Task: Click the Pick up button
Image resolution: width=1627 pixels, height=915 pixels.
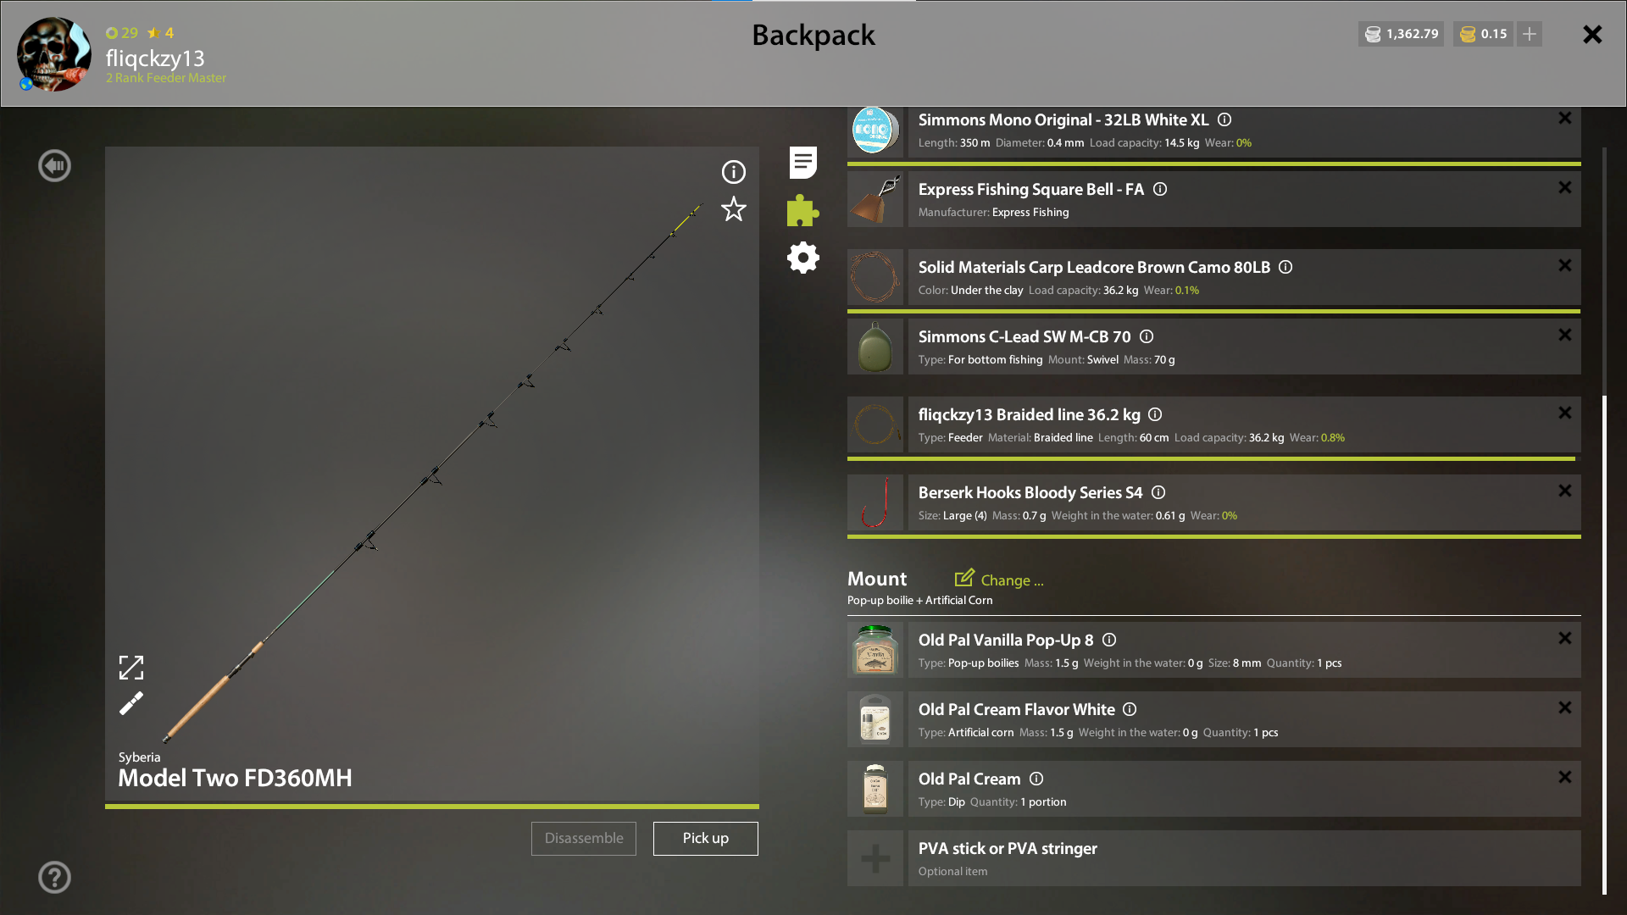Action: point(705,838)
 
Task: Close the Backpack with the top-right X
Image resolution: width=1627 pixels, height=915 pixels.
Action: point(1592,34)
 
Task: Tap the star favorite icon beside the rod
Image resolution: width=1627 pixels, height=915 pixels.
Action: point(734,209)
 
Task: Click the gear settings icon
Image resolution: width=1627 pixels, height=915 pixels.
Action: point(803,258)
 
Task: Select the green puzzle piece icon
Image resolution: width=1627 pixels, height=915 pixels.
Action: point(802,210)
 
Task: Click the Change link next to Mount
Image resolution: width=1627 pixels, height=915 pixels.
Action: point(999,579)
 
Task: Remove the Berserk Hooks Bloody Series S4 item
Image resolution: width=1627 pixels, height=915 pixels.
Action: point(1565,491)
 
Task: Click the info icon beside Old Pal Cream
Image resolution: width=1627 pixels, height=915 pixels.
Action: point(1036,779)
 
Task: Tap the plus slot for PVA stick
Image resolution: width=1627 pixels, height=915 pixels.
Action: point(875,858)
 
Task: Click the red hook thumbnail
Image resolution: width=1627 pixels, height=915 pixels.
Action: point(875,502)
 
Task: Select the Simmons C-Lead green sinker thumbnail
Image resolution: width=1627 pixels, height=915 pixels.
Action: point(875,347)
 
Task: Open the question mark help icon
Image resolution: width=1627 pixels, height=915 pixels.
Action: point(54,877)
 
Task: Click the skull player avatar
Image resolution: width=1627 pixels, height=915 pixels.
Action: point(54,54)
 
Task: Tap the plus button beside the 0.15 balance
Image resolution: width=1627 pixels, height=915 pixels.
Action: point(1530,34)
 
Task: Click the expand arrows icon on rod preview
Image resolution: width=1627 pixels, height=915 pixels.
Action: point(131,668)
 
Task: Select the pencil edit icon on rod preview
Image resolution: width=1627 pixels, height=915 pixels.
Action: point(131,703)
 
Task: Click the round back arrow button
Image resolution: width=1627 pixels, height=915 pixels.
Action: point(54,165)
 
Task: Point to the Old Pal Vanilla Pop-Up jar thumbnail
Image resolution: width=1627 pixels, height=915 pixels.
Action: point(875,650)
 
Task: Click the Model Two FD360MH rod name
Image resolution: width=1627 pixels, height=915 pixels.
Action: point(235,778)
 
